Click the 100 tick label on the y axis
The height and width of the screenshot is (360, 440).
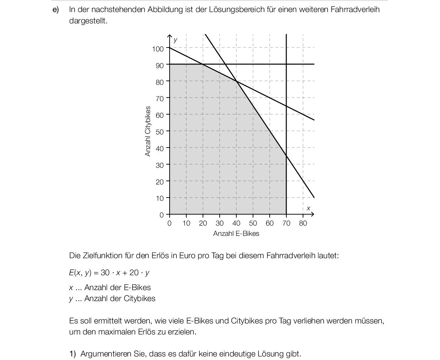[x=158, y=49]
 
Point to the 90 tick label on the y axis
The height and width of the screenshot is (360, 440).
[x=160, y=66]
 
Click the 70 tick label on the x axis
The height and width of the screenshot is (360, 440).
[x=286, y=223]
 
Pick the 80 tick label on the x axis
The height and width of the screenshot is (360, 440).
[x=303, y=223]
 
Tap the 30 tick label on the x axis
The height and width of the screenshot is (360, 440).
[x=220, y=223]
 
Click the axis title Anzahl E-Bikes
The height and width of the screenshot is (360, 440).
[x=236, y=234]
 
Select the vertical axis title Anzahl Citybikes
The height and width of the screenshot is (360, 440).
[x=148, y=131]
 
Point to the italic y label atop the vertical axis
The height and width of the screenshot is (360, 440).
[x=175, y=40]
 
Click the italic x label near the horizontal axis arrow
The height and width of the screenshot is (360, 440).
[x=308, y=208]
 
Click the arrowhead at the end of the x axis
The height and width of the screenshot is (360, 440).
[x=312, y=214]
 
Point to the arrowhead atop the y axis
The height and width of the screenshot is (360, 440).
[x=170, y=37]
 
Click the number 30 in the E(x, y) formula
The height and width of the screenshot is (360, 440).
[x=105, y=273]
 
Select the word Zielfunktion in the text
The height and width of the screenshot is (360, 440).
[x=101, y=256]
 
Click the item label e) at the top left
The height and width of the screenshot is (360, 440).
[x=55, y=10]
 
